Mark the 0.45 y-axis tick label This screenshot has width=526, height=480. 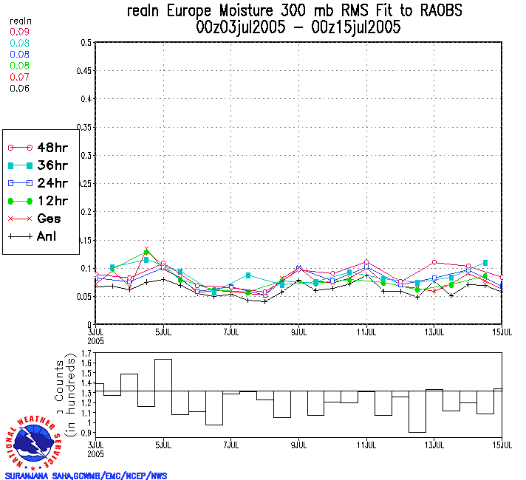click(x=83, y=71)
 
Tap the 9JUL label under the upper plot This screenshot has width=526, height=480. click(x=299, y=330)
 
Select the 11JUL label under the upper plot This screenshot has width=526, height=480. click(x=367, y=330)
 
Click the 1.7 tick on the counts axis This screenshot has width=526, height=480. click(x=86, y=354)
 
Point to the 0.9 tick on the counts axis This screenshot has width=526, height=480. click(x=86, y=433)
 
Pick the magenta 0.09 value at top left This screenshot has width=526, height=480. click(x=18, y=32)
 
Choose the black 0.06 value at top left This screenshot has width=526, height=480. click(x=18, y=88)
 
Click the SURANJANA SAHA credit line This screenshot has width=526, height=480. click(x=86, y=476)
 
